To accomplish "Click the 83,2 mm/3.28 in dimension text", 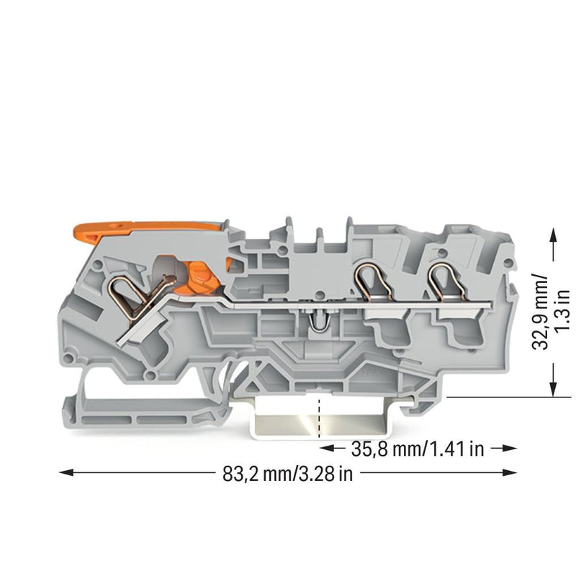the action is click(x=287, y=474).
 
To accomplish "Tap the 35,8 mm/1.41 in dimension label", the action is click(x=418, y=449).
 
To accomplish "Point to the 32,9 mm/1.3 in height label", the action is click(x=550, y=312).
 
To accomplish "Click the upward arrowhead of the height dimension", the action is click(x=554, y=235).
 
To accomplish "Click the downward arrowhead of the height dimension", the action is click(x=554, y=389).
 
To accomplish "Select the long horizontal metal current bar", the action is click(x=362, y=304).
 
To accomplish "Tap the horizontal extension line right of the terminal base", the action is click(x=509, y=397).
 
